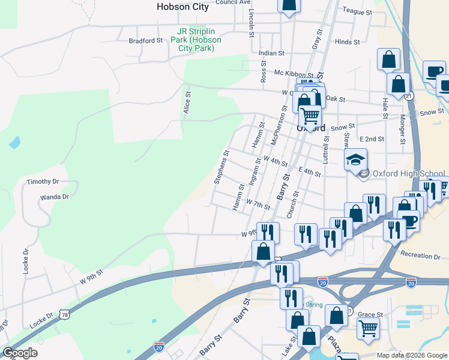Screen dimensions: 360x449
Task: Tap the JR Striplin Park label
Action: pos(196,40)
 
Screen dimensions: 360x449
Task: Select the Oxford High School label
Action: pos(408,174)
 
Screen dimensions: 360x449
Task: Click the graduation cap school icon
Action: pos(355,160)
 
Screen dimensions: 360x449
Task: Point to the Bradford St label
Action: pos(146,41)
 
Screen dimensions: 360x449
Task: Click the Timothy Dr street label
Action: pos(43,181)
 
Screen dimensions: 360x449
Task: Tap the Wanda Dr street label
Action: pos(54,196)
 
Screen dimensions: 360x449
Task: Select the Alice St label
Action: pos(187,103)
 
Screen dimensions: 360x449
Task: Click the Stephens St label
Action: pos(221,167)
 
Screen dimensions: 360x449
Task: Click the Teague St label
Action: pos(357,11)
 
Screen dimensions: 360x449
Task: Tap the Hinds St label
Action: pos(347,42)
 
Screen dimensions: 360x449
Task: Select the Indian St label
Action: pos(271,53)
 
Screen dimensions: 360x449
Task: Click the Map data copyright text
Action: pos(412,355)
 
